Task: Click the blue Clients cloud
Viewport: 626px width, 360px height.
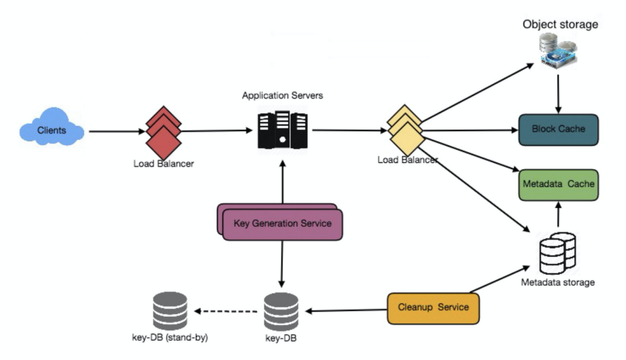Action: [x=52, y=130]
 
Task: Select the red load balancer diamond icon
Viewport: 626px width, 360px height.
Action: [x=163, y=131]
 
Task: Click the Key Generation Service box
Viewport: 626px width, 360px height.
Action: [x=282, y=224]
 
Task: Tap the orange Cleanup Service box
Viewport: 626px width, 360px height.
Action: [x=433, y=307]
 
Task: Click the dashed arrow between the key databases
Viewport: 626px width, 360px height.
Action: [x=226, y=311]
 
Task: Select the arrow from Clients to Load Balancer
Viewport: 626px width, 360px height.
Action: [x=116, y=131]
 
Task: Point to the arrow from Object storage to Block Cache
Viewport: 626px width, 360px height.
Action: [x=558, y=93]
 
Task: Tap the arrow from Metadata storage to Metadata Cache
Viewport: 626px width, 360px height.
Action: [x=558, y=216]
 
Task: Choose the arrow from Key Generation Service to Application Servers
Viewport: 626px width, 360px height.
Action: [x=282, y=182]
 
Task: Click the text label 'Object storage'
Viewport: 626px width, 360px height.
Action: [x=560, y=24]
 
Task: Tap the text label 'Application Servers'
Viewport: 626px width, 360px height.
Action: [x=282, y=95]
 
